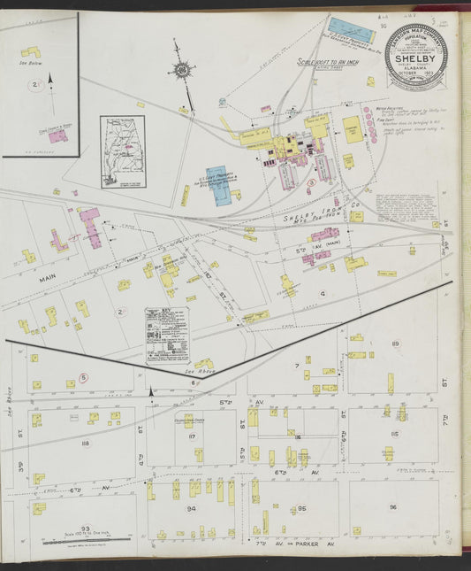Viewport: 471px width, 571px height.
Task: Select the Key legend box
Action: click(x=166, y=335)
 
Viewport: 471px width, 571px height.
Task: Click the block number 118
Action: click(x=85, y=443)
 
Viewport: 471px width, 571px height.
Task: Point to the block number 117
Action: click(x=192, y=436)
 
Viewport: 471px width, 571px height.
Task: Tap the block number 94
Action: click(x=190, y=509)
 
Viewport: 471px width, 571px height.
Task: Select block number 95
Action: click(x=301, y=509)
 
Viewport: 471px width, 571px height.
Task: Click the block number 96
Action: click(x=392, y=507)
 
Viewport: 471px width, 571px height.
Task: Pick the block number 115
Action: click(x=393, y=435)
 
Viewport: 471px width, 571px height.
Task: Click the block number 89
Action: click(x=395, y=343)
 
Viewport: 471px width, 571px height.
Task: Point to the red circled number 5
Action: click(x=83, y=377)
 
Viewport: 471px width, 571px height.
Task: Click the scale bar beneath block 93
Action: click(x=86, y=540)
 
